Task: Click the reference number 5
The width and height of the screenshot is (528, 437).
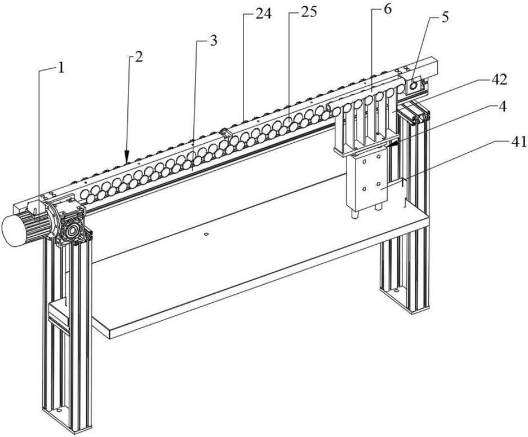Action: [x=445, y=17]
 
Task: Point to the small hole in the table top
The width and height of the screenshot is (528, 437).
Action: [x=206, y=233]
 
